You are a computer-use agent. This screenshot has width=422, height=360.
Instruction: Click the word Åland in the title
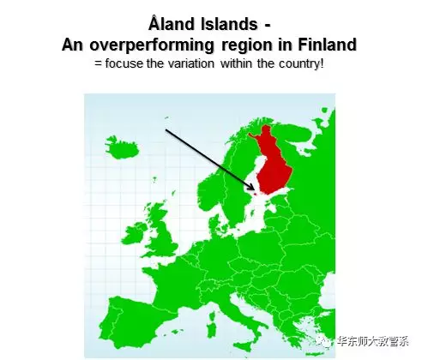click(172, 23)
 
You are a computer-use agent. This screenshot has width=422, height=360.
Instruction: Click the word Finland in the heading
click(328, 45)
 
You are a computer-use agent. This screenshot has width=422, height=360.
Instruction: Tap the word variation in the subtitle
click(190, 63)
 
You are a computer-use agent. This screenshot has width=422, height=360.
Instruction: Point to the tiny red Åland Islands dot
click(256, 195)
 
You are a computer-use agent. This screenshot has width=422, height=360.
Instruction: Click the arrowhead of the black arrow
click(252, 188)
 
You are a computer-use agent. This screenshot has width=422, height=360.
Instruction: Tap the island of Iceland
click(122, 147)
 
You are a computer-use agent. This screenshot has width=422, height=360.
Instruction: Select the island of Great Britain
click(160, 230)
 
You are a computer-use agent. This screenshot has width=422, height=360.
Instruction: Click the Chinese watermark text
click(373, 341)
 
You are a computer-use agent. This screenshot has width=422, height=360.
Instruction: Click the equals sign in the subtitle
click(99, 63)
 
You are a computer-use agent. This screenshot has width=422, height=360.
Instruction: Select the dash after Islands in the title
click(267, 26)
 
